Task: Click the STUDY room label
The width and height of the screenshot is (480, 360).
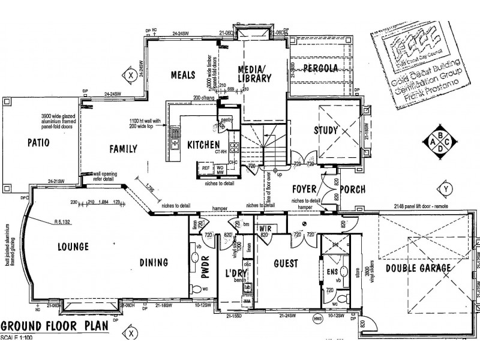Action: (326, 130)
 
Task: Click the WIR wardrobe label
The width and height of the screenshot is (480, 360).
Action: (266, 229)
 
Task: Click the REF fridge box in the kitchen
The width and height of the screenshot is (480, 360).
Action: (205, 169)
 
